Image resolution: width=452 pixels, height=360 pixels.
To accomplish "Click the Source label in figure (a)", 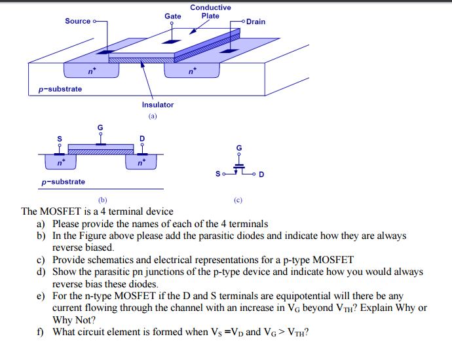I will tap(77, 21).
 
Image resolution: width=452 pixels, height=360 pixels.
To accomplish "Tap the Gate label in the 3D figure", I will tap(173, 15).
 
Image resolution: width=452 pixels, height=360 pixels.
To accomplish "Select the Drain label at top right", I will tap(256, 22).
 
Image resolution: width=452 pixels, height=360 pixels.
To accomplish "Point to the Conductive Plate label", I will tap(210, 12).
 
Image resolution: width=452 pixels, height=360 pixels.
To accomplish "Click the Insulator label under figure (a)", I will tap(158, 105).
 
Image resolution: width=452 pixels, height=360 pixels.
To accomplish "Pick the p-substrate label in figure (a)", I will tap(60, 89).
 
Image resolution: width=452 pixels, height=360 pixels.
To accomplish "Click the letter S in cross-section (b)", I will tap(59, 139).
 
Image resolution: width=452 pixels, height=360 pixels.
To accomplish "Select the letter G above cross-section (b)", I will tap(100, 127).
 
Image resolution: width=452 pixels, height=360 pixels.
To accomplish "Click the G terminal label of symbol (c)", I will tap(239, 148).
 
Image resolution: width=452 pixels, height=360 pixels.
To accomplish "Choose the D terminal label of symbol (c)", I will tap(261, 175).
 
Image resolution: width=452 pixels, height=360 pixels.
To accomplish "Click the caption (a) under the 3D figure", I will tap(153, 116).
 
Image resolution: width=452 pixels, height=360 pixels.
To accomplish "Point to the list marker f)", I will tap(40, 331).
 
